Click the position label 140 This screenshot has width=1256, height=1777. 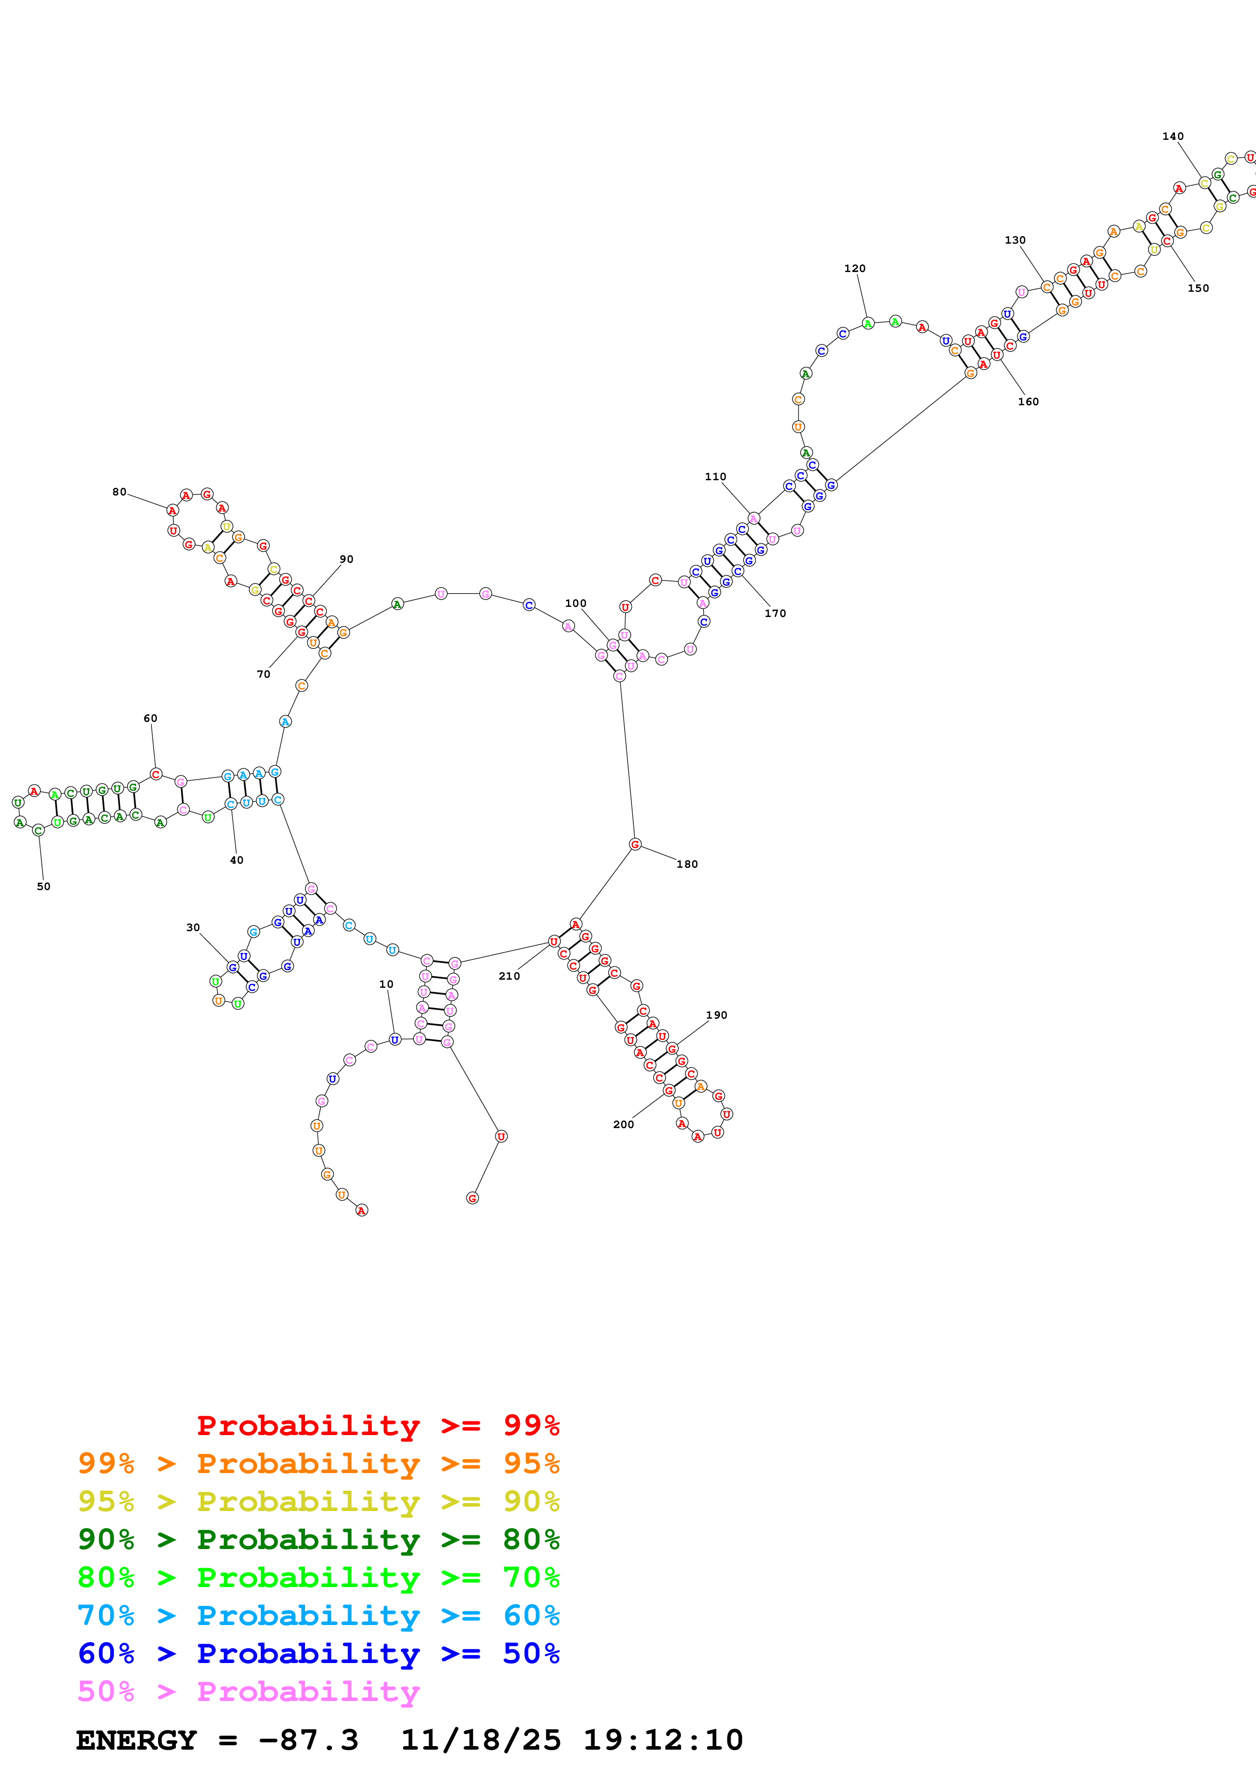click(x=1172, y=136)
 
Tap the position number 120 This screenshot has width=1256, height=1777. click(x=854, y=268)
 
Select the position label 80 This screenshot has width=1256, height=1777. click(x=119, y=491)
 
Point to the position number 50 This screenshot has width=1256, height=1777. click(x=44, y=886)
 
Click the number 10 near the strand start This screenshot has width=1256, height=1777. click(x=386, y=984)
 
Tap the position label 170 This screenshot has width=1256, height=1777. click(x=775, y=613)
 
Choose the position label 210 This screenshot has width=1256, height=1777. click(x=509, y=976)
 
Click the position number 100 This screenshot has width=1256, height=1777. click(x=575, y=603)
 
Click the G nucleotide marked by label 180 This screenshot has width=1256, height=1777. click(x=634, y=844)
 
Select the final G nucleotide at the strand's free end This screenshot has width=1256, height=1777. click(x=472, y=1198)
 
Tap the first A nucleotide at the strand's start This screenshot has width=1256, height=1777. click(x=361, y=1211)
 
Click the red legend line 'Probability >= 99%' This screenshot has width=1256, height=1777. click(x=377, y=1425)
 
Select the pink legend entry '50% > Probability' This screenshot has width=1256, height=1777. click(x=248, y=1692)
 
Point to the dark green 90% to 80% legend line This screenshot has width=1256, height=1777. click(x=318, y=1539)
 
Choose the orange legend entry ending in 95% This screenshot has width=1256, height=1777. click(x=318, y=1463)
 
